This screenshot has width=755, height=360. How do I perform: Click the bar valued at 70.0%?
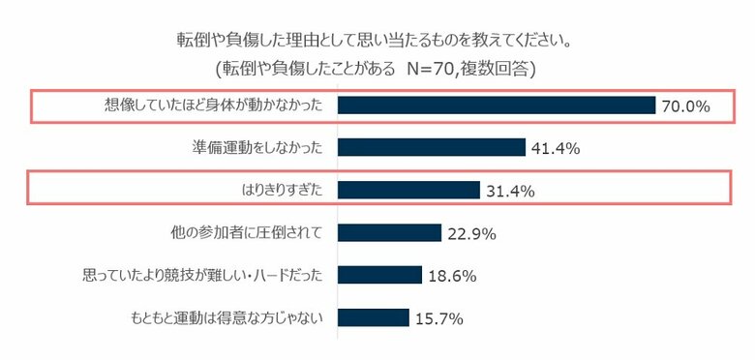point(497,105)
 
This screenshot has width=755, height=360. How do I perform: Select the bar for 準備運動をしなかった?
point(431,147)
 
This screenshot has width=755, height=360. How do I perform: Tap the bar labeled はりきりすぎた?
point(408,190)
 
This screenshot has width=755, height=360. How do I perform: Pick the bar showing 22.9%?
point(389,232)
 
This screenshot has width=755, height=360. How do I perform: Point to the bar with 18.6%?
point(379,275)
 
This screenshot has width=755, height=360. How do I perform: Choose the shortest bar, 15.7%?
point(373,317)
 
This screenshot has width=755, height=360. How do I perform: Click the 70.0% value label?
point(685,106)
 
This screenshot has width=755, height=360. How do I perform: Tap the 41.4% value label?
point(555,148)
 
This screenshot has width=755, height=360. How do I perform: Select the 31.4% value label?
point(510,191)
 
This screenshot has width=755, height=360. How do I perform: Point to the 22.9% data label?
point(471,233)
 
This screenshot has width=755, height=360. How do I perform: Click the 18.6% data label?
point(451,276)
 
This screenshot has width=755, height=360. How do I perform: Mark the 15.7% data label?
point(438,318)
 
